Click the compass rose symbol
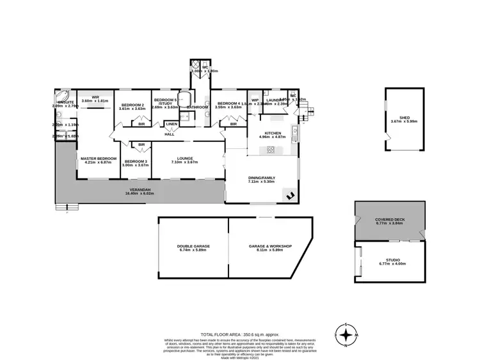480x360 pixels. click(346, 335)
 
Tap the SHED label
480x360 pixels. click(404, 117)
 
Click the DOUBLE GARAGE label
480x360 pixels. click(193, 246)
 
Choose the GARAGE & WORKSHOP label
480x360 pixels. click(269, 246)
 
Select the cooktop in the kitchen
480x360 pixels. click(270, 150)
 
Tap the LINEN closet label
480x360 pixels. click(172, 124)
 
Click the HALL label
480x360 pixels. click(169, 134)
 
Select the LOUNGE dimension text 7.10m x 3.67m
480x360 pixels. click(185, 162)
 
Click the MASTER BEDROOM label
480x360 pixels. click(98, 158)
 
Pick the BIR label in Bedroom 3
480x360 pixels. click(141, 145)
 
